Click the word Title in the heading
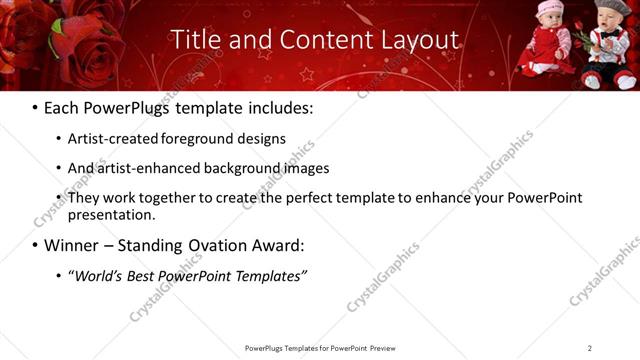click(195, 40)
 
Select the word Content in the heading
click(307, 40)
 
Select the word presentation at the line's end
click(111, 215)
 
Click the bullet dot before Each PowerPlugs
click(35, 106)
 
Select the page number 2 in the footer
click(590, 348)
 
